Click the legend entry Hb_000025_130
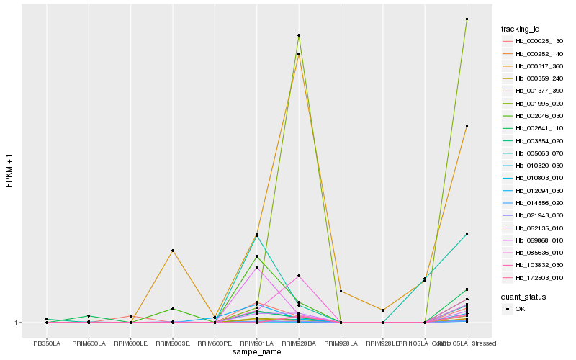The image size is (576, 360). (534, 42)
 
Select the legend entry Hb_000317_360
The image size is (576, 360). (534, 66)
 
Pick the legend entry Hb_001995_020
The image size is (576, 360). (534, 104)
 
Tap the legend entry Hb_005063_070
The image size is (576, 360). (534, 153)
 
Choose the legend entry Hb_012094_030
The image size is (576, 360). (534, 191)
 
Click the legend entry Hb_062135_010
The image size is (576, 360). (534, 228)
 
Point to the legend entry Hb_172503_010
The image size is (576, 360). (534, 278)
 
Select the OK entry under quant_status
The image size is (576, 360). (520, 309)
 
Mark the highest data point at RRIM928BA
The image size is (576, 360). (299, 35)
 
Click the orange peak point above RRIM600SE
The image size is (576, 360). (173, 251)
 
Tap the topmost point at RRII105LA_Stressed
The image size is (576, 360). (467, 19)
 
